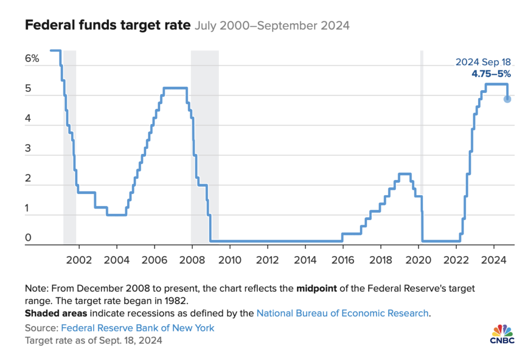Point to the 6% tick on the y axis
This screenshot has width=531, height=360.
click(x=32, y=59)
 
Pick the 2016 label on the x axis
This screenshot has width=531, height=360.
click(x=343, y=259)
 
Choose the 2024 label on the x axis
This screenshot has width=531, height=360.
click(x=493, y=259)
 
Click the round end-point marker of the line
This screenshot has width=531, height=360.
click(x=507, y=99)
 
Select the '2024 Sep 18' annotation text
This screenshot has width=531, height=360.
click(x=483, y=62)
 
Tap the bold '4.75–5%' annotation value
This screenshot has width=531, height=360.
click(x=491, y=74)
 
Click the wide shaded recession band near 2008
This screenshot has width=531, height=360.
click(x=205, y=145)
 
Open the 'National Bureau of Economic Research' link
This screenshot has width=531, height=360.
click(x=343, y=313)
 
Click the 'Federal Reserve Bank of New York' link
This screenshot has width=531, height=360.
click(x=137, y=328)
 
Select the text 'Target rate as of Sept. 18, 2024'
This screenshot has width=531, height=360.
click(x=93, y=341)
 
